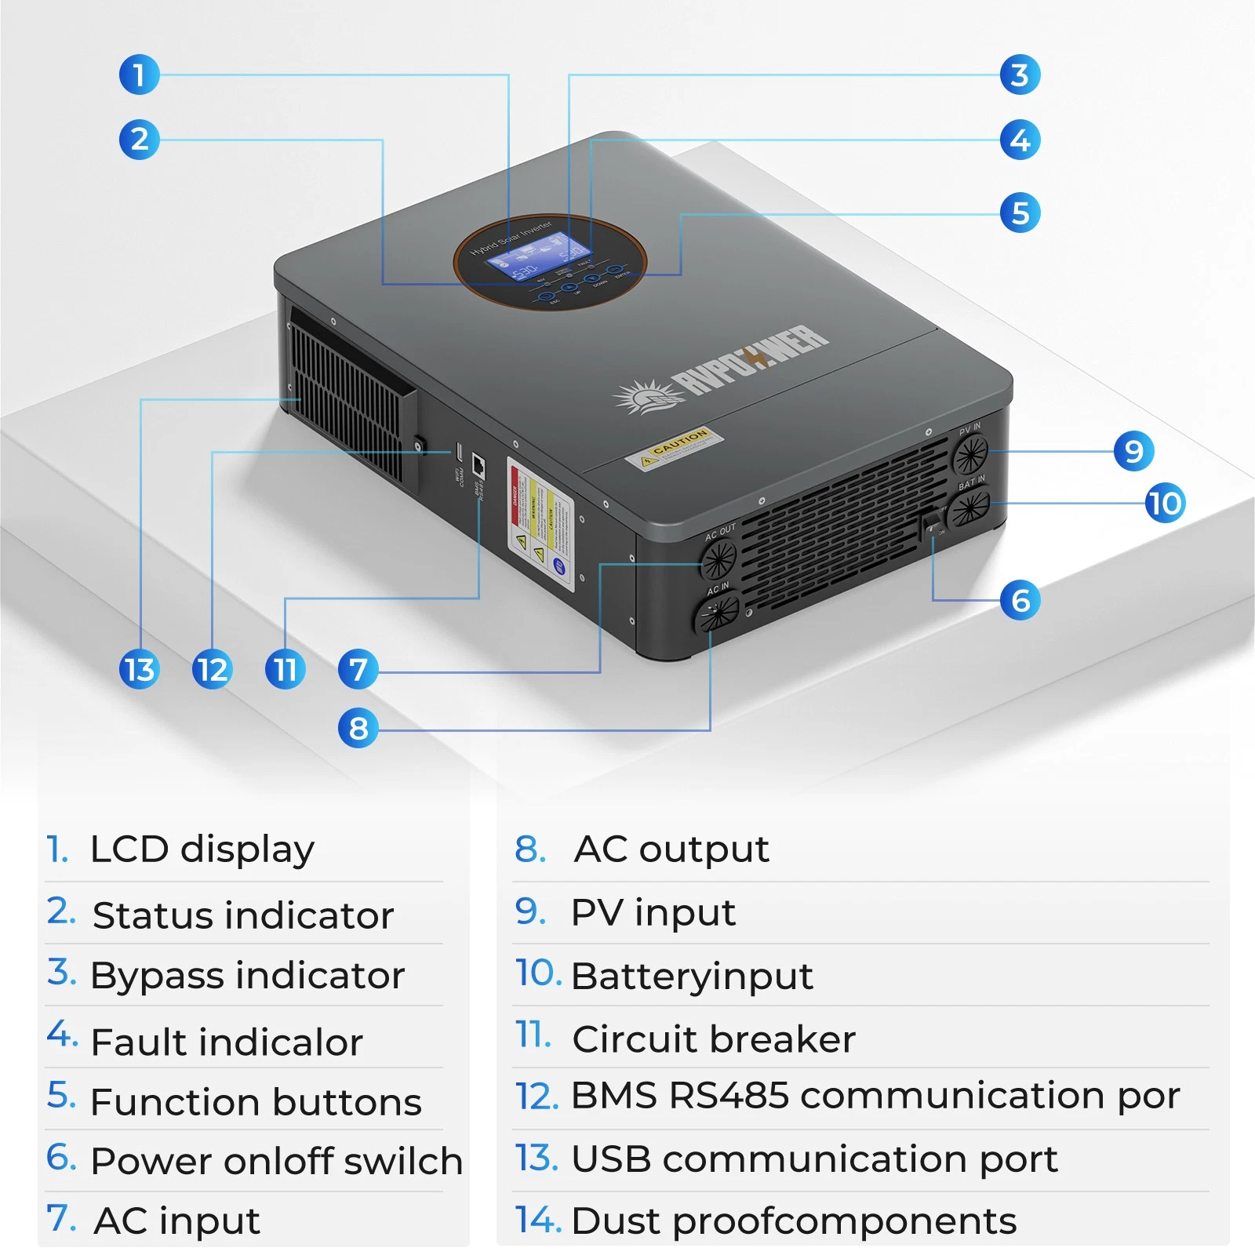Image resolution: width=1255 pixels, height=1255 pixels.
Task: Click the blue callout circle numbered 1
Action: click(x=139, y=75)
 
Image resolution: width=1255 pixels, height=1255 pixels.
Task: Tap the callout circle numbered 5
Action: click(x=1020, y=213)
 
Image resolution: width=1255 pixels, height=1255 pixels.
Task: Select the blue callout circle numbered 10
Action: click(x=1165, y=503)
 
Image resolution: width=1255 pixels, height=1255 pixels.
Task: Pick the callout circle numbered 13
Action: click(x=140, y=670)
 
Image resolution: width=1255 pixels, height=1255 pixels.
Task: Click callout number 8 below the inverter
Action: click(x=358, y=728)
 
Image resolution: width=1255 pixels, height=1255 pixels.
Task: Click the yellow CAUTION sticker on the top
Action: click(x=675, y=448)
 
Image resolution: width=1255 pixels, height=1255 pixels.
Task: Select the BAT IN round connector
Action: click(x=969, y=508)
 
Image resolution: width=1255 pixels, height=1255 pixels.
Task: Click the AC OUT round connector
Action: click(x=718, y=558)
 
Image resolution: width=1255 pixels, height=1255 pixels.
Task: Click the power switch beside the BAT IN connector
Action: click(x=932, y=523)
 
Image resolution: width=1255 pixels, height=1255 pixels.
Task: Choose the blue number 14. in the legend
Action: click(x=537, y=1220)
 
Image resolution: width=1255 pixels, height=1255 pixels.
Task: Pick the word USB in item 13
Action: click(x=611, y=1159)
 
